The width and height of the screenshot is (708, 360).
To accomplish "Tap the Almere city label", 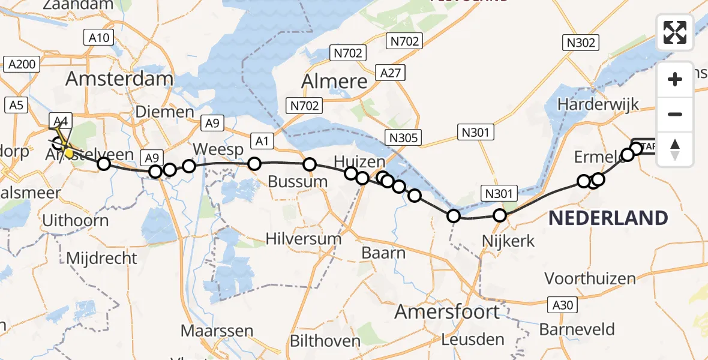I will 334,81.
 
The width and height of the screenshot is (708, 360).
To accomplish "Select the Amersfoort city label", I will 447,312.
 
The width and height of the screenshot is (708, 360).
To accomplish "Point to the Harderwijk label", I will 598,104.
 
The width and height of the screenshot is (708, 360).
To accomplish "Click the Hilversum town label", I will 304,239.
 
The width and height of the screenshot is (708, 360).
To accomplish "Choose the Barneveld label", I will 577,329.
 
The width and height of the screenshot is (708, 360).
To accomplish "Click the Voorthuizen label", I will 590,278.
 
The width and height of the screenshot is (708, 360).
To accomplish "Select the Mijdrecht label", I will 102,259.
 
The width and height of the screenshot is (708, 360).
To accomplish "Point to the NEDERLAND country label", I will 608,218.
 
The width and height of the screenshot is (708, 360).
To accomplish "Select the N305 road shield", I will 403,138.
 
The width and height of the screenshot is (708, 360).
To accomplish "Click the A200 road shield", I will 22,64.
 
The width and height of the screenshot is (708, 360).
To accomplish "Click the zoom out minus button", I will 675,114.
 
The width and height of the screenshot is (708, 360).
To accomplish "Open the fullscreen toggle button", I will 675,32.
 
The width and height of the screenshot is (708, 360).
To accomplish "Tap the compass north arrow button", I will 675,149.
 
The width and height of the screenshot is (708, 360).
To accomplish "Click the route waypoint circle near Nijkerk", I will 500,216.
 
